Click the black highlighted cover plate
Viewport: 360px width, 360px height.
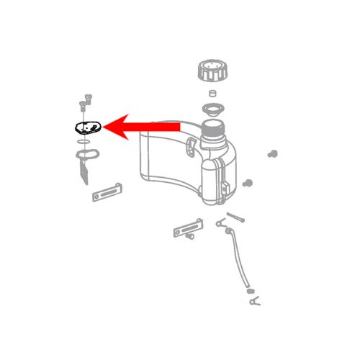[x=87, y=127]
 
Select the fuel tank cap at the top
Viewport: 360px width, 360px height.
[x=210, y=73]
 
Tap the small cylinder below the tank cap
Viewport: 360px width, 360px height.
[x=212, y=94]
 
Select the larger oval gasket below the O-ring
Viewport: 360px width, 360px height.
[x=85, y=154]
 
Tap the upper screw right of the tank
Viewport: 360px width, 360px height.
[x=273, y=153]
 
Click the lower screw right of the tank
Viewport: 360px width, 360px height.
[x=248, y=183]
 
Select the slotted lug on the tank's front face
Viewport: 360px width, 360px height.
[x=191, y=148]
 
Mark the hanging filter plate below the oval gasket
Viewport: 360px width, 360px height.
[x=84, y=171]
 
